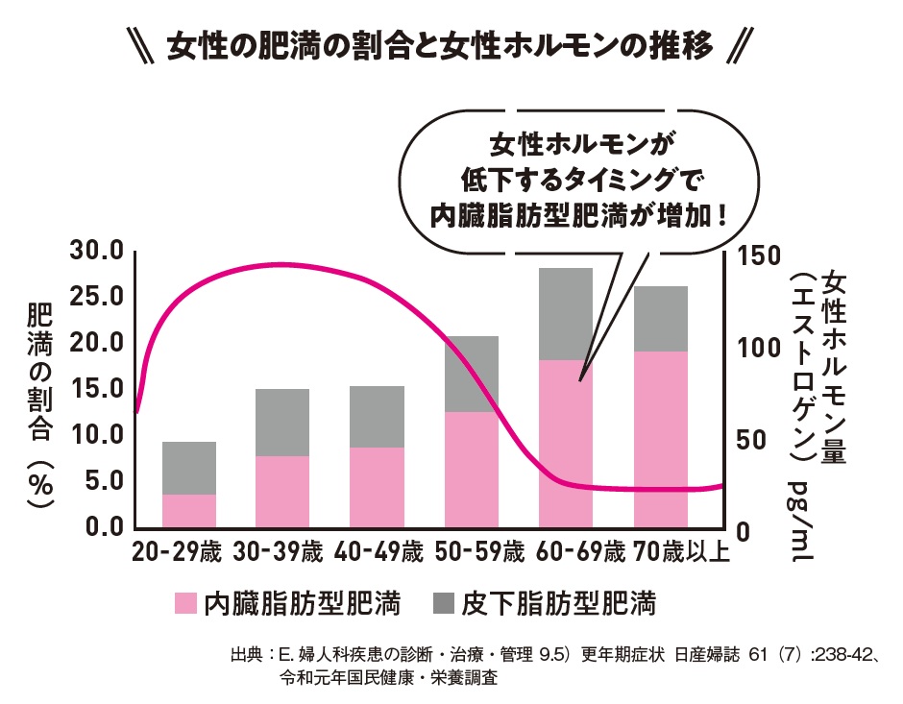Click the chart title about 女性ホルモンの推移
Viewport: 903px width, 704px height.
442,45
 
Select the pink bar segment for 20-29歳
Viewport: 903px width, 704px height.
188,510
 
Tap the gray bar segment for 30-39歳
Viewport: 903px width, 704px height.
282,422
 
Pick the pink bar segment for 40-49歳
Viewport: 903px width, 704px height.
377,487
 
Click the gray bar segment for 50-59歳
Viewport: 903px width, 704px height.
471,374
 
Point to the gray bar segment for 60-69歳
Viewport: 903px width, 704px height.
565,313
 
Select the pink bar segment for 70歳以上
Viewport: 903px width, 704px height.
660,439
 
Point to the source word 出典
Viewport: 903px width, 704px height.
246,657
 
